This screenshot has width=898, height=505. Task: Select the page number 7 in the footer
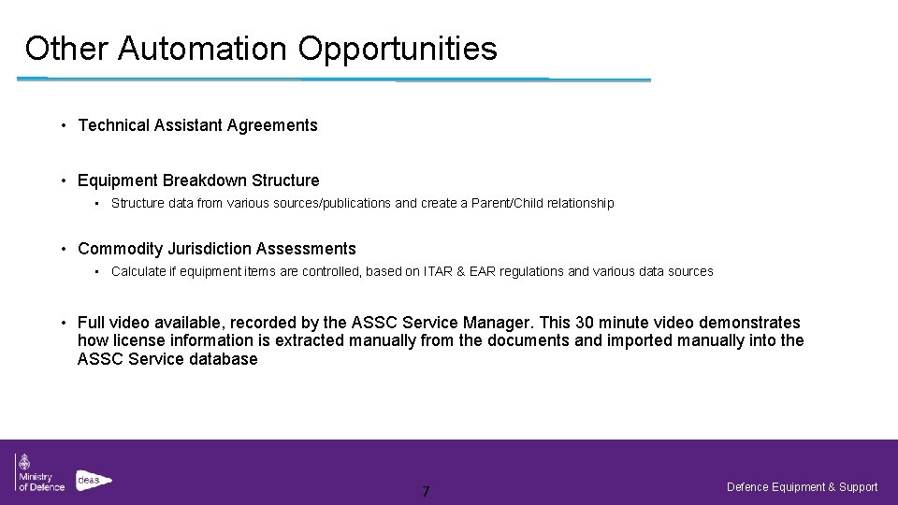426,491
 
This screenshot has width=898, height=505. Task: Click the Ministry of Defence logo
39,472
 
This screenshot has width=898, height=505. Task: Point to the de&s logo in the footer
94,478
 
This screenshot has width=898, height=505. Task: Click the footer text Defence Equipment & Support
802,486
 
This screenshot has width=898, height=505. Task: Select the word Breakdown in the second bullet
196,180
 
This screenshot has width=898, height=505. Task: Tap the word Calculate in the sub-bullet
138,271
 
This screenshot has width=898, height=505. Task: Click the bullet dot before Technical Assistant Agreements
63,124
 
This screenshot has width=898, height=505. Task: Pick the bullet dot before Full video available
63,323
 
